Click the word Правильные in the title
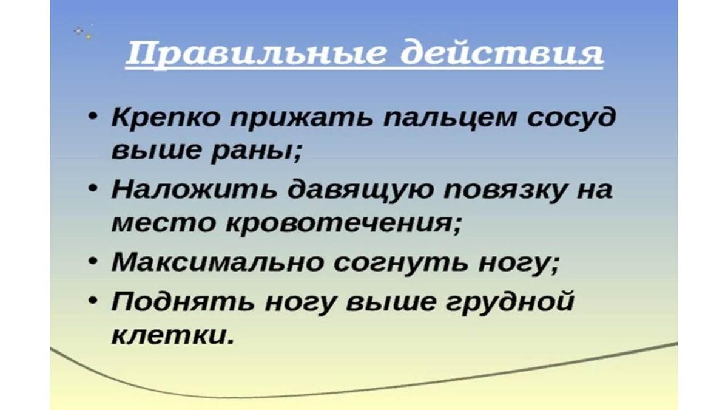pos(255,54)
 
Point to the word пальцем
pos(450,117)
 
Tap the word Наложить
pos(194,190)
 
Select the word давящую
pos(361,191)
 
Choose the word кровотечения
pos(343,225)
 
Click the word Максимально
pos(217,263)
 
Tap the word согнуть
pos(401,263)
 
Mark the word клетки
pos(172,335)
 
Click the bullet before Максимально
pos(93,262)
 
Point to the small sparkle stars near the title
pos(83,33)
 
